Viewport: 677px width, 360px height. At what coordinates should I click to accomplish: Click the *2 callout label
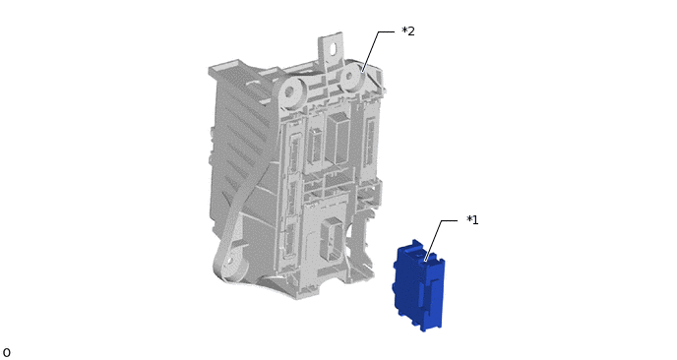click(x=407, y=31)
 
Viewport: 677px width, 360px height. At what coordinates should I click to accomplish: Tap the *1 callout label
click(x=472, y=220)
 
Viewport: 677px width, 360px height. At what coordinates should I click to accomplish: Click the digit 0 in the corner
click(x=7, y=352)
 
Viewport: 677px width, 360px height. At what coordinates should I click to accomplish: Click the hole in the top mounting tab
click(x=334, y=45)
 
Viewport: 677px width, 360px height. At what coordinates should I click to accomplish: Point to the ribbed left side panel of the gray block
click(x=241, y=157)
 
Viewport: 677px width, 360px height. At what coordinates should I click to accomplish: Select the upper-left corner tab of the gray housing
click(x=218, y=70)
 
